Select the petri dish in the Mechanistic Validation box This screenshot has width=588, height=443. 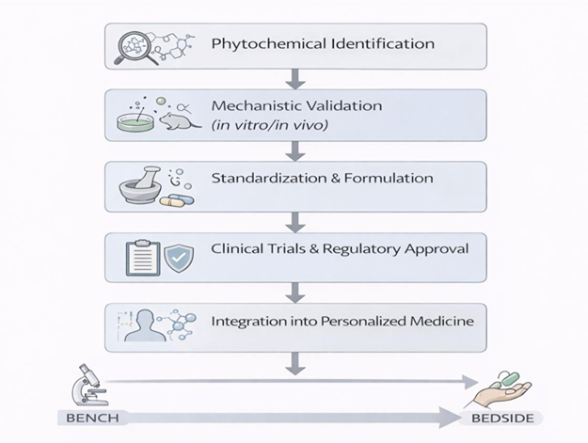tap(136, 121)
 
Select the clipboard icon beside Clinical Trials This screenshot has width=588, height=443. tap(142, 255)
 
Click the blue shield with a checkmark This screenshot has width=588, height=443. tap(179, 256)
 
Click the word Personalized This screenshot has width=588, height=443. tap(355, 322)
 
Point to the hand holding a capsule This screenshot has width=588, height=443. tap(504, 388)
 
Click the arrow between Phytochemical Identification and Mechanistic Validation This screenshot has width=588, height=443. tap(295, 77)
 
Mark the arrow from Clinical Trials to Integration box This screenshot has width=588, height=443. tap(295, 292)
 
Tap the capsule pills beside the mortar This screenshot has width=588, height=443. tap(177, 200)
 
